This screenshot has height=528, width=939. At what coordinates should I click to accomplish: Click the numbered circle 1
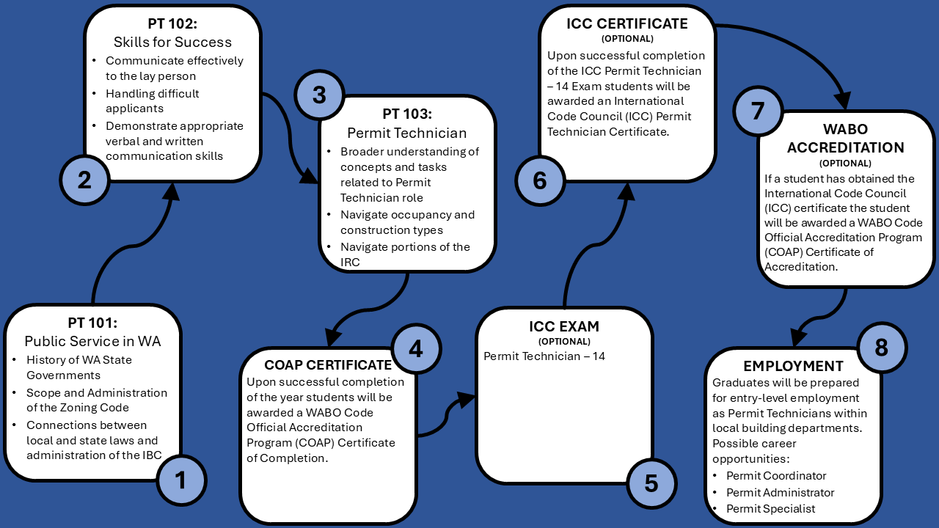pyautogui.click(x=181, y=480)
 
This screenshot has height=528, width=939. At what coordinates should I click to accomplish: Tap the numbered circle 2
pyautogui.click(x=84, y=180)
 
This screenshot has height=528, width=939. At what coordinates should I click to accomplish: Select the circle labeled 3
pyautogui.click(x=319, y=95)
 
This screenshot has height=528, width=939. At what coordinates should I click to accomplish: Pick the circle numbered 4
pyautogui.click(x=416, y=348)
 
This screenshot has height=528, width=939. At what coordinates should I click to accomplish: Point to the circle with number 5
pyautogui.click(x=651, y=483)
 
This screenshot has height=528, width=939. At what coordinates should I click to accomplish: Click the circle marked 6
pyautogui.click(x=540, y=180)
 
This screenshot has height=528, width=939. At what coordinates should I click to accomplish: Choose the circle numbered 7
pyautogui.click(x=758, y=111)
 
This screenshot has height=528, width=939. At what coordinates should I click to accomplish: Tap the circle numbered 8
pyautogui.click(x=882, y=348)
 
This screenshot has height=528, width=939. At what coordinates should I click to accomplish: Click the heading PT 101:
pyautogui.click(x=92, y=323)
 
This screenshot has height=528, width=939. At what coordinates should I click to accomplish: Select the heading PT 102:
pyautogui.click(x=172, y=24)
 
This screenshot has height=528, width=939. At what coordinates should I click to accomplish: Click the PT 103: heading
pyautogui.click(x=407, y=114)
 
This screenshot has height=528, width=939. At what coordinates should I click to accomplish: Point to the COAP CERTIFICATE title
pyautogui.click(x=328, y=365)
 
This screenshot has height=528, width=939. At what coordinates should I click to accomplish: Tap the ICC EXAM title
pyautogui.click(x=564, y=326)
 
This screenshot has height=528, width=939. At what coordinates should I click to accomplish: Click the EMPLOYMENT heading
pyautogui.click(x=793, y=366)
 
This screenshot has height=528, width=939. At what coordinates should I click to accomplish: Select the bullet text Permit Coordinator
pyautogui.click(x=776, y=476)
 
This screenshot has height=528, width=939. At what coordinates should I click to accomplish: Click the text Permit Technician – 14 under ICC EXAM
pyautogui.click(x=544, y=356)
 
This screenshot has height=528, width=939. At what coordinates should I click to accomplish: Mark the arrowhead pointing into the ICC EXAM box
pyautogui.click(x=465, y=400)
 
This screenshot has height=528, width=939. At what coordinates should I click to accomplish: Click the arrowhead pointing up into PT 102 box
pyautogui.click(x=171, y=192)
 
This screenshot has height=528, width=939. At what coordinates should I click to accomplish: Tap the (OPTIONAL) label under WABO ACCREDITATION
pyautogui.click(x=845, y=164)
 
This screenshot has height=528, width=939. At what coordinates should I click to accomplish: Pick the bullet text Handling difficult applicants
pyautogui.click(x=152, y=101)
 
